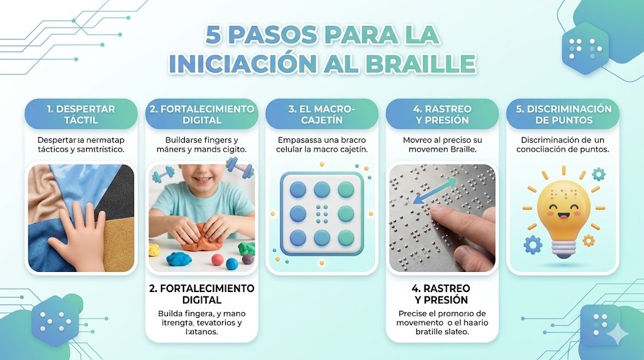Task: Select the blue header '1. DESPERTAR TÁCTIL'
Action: coord(81,115)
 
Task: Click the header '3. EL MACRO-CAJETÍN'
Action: coord(321,115)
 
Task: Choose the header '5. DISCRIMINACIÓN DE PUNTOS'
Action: coord(563,115)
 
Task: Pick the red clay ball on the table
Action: coord(218,260)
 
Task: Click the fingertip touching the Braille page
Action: coord(443,213)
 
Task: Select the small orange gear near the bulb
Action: coord(589,240)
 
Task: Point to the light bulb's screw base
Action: coord(563,249)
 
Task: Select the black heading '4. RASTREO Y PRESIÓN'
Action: coord(441,294)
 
